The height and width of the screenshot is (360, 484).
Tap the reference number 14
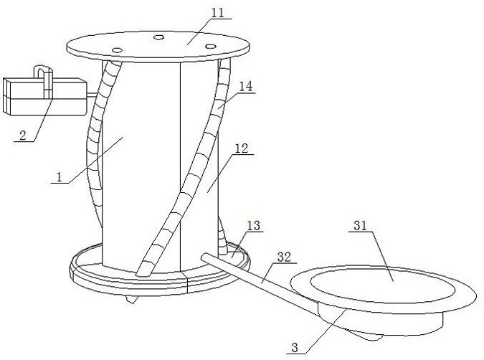tap(246, 86)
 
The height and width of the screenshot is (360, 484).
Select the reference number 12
tap(242, 148)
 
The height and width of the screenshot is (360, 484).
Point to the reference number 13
tap(254, 226)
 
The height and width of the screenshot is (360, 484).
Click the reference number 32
tap(284, 257)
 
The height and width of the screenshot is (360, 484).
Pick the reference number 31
tap(360, 226)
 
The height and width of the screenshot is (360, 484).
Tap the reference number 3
tap(295, 348)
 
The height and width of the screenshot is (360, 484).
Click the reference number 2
tap(23, 136)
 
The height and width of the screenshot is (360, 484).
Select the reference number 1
tap(59, 177)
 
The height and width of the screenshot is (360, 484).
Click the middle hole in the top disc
tap(158, 37)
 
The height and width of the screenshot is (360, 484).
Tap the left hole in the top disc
tap(118, 50)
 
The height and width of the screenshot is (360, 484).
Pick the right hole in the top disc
tap(211, 46)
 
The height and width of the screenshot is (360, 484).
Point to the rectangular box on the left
tap(44, 97)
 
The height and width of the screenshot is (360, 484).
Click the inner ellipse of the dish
tap(383, 285)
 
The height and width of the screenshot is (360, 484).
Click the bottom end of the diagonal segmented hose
tap(143, 271)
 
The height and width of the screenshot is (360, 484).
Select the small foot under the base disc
tap(131, 299)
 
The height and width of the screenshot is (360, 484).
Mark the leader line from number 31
tap(382, 256)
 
